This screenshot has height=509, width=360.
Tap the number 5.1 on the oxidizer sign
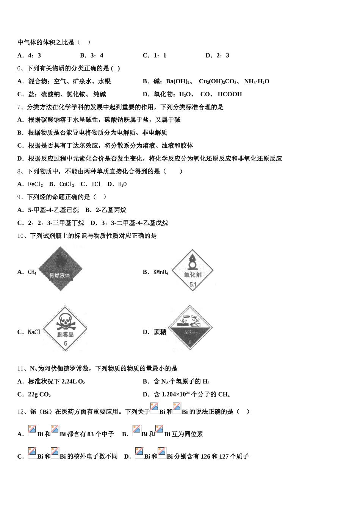(x=193, y=284)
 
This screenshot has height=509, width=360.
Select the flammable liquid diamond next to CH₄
(x=60, y=269)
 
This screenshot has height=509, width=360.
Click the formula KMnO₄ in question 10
(x=160, y=272)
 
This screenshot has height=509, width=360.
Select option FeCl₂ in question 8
(x=35, y=184)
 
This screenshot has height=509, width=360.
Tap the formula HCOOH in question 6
(x=230, y=94)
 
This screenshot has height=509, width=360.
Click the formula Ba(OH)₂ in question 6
(x=178, y=81)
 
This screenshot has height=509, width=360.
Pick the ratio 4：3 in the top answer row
(x=34, y=56)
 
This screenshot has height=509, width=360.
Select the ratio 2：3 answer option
(x=222, y=56)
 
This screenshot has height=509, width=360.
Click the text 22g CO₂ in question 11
(x=39, y=395)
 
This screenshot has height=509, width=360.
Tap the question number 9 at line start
(x=19, y=197)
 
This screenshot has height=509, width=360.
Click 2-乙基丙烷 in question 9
(x=111, y=210)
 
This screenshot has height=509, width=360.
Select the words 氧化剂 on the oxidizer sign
(x=193, y=275)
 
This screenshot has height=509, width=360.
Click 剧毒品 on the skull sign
(x=65, y=334)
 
